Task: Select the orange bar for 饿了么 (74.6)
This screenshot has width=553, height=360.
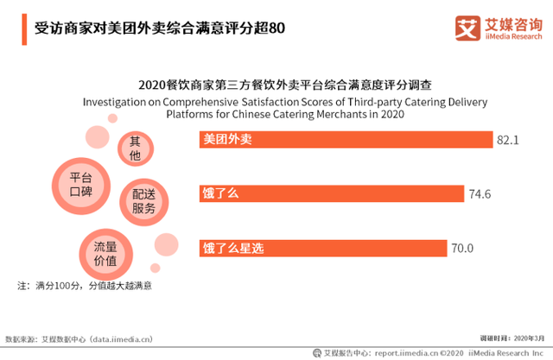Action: point(332,193)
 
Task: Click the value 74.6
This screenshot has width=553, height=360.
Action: point(480,194)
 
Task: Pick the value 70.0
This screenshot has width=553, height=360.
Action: point(462,249)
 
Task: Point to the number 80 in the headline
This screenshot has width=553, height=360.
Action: point(276,28)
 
